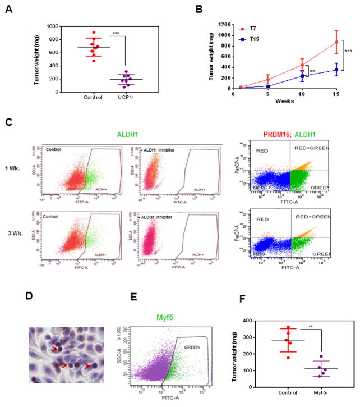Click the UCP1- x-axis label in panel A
click(133, 100)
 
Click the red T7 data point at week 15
click(336, 42)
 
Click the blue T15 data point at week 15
click(336, 70)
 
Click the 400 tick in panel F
click(246, 321)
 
